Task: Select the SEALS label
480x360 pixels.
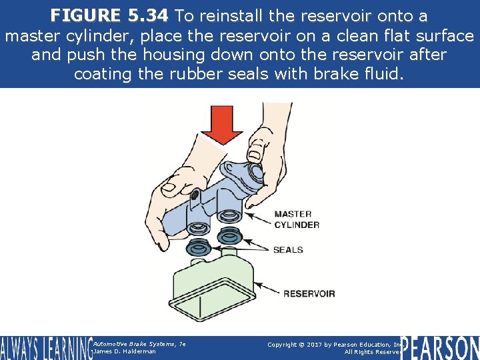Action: pyautogui.click(x=287, y=250)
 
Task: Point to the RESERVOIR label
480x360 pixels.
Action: pyautogui.click(x=309, y=293)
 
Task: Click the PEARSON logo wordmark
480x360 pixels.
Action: pyautogui.click(x=439, y=347)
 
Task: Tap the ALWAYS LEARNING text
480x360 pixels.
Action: pyautogui.click(x=45, y=347)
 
